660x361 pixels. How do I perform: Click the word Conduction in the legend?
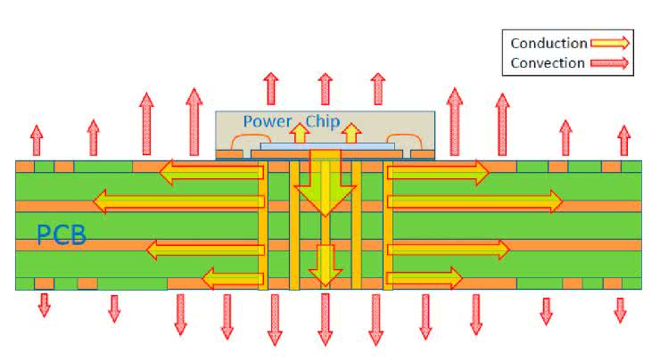tap(549, 43)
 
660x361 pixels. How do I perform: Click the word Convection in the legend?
tap(549, 62)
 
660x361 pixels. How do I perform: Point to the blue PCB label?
tap(61, 236)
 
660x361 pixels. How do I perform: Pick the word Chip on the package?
tap(323, 122)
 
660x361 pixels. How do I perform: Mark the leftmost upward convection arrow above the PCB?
tap(36, 140)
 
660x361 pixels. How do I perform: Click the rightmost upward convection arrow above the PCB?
tap(624, 140)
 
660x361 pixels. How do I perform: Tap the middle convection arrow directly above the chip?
tap(325, 89)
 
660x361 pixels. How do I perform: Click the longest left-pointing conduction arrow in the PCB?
tap(178, 201)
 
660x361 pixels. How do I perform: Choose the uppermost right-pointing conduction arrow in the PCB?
tap(438, 170)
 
